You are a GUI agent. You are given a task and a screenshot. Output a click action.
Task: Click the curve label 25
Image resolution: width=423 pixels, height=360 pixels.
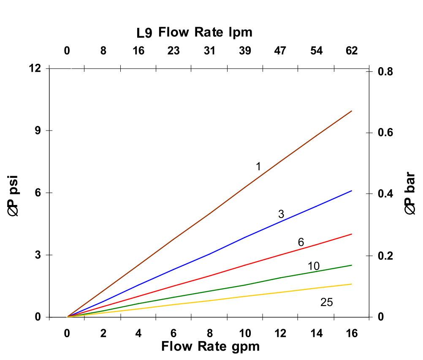[326, 303]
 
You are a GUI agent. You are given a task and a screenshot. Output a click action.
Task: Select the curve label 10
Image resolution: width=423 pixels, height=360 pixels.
[314, 266]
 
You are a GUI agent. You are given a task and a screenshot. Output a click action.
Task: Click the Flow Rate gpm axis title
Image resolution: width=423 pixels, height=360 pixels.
[210, 347]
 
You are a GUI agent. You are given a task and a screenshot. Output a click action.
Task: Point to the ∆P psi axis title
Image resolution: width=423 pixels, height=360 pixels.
[14, 197]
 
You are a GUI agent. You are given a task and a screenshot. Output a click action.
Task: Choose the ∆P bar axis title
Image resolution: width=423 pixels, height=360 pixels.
[410, 194]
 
